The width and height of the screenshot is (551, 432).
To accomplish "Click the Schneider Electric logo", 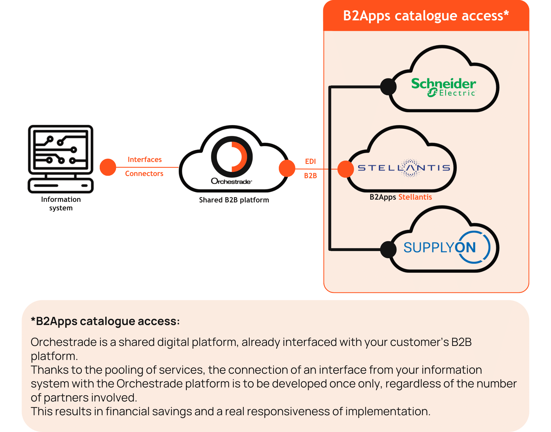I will point(443,87).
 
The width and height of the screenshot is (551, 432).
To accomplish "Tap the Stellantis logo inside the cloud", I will point(404,167).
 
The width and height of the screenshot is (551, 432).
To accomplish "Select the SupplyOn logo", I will point(446,247).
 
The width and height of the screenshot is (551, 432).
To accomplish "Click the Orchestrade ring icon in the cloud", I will point(232,157).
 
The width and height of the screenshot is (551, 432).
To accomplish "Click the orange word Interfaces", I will point(145,159).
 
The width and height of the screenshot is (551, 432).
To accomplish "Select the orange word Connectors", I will point(144,174).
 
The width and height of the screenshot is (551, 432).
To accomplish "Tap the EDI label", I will point(310,161).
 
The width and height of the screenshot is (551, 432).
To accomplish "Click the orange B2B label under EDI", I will point(310,176).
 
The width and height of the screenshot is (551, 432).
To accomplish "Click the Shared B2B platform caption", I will point(234,200).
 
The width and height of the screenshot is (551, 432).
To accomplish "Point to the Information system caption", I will point(61,203).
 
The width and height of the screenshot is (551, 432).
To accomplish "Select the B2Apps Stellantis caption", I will point(401,197).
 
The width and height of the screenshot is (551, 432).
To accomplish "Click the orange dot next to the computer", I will point(108,167).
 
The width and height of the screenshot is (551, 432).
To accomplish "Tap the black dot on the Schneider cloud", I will point(388,87).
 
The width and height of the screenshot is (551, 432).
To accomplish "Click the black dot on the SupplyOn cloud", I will point(388,249).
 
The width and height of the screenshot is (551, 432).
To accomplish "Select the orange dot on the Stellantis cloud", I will point(345,169).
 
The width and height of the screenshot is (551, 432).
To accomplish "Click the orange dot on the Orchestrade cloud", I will point(287,168).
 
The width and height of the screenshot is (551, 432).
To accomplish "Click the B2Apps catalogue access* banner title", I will point(426,16).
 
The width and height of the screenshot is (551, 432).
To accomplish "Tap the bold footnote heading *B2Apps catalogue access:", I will point(105,321).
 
